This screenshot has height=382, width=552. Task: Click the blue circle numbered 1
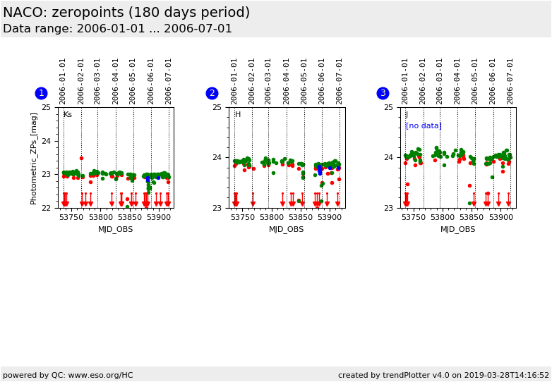[x=41, y=93]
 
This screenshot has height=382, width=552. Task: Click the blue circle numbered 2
[x=212, y=93]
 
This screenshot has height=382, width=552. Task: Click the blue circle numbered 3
[x=383, y=93]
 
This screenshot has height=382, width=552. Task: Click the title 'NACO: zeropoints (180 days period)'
[x=126, y=13]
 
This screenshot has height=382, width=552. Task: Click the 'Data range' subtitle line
[x=117, y=29]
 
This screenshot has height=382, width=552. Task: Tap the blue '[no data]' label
[x=424, y=126]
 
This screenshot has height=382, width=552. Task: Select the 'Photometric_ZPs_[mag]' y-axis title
[x=34, y=158]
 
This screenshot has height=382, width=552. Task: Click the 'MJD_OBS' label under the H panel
[x=287, y=229]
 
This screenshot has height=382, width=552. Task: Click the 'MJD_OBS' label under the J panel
[x=458, y=229]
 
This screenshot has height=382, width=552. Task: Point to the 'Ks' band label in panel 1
[x=68, y=115]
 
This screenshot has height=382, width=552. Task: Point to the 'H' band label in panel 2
[x=238, y=115]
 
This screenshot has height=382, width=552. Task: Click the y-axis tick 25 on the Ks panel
[x=46, y=107]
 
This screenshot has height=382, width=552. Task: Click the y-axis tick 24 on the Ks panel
[x=46, y=141]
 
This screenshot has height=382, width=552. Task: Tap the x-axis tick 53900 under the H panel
[x=329, y=218]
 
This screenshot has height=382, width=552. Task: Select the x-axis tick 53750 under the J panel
[x=414, y=218]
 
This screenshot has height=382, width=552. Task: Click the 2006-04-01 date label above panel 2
[x=287, y=81]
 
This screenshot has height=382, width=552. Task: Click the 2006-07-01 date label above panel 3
[x=510, y=81]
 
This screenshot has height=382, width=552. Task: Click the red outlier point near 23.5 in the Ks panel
[x=81, y=158]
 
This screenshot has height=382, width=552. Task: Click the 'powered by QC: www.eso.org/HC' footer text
[x=68, y=375]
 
